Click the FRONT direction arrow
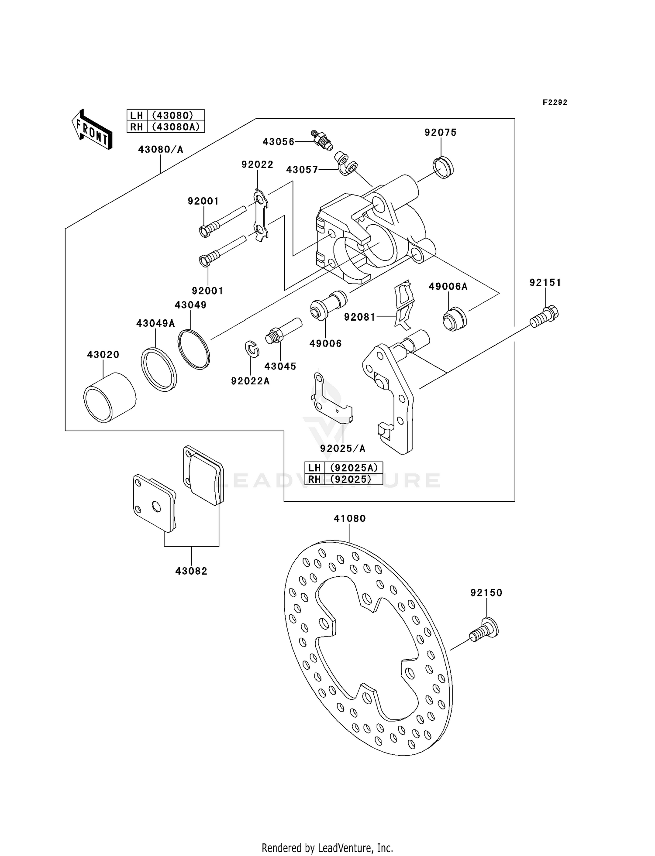[92, 129]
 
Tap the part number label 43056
[278, 142]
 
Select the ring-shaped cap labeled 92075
[443, 168]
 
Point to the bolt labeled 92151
[545, 316]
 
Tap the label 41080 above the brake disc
[349, 518]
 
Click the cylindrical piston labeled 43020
[110, 397]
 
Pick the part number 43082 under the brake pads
[191, 571]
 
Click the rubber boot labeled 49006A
[455, 319]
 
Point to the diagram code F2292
[555, 103]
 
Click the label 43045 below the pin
[280, 366]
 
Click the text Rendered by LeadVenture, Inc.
[327, 848]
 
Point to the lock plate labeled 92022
[261, 215]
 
